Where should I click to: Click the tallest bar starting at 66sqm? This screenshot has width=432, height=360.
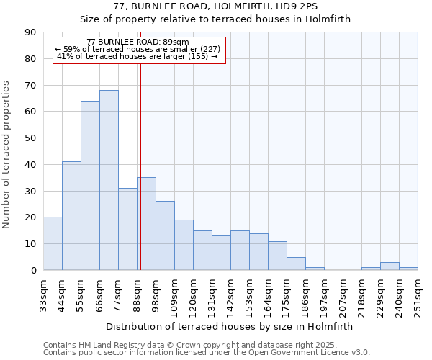(x=109, y=180)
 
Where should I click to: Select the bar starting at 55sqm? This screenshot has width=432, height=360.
(x=90, y=186)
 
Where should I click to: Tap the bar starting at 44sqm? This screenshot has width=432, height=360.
(x=71, y=216)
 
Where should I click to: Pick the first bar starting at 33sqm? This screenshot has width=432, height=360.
(x=53, y=243)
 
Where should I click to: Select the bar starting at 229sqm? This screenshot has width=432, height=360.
(x=390, y=266)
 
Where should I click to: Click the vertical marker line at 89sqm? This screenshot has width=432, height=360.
(x=140, y=144)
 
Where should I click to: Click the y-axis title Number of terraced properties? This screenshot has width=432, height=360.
(x=7, y=154)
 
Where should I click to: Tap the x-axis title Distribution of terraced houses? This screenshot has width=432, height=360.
(x=234, y=326)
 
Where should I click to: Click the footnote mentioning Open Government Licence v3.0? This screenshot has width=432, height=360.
(x=207, y=353)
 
